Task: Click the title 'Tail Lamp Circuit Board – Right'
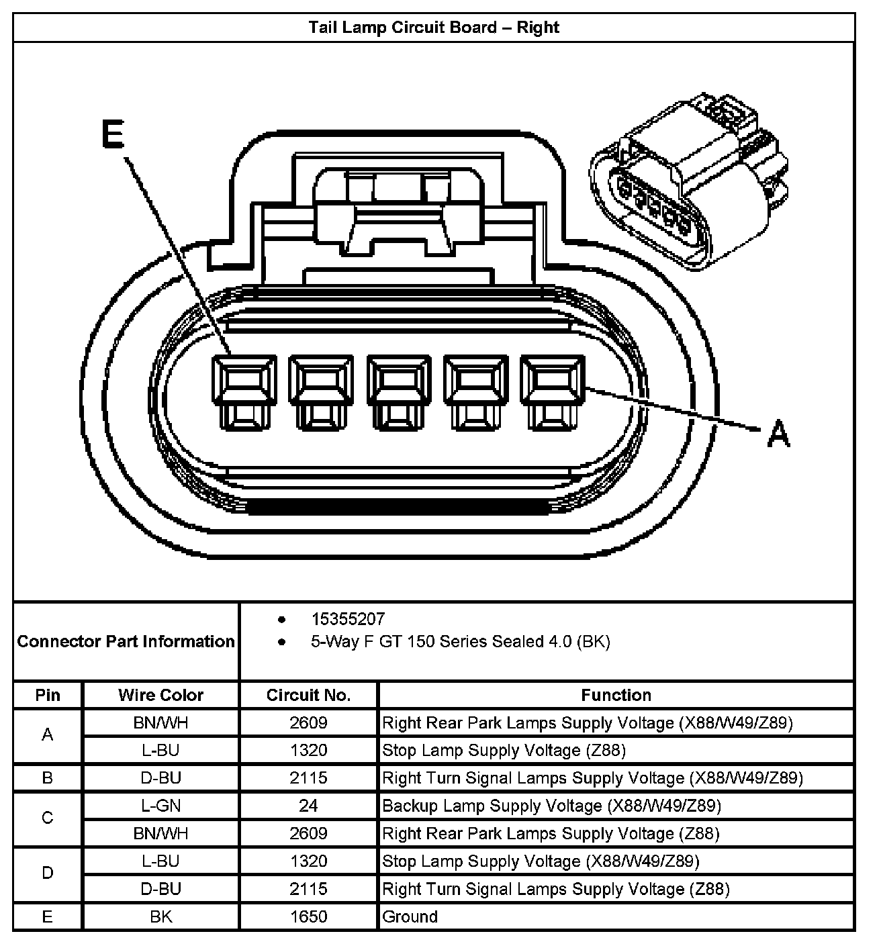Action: pyautogui.click(x=434, y=28)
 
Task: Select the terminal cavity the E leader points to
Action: pyautogui.click(x=243, y=391)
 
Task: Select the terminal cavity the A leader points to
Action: pyautogui.click(x=552, y=391)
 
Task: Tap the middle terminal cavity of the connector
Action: pyautogui.click(x=398, y=391)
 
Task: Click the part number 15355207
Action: pyautogui.click(x=347, y=618)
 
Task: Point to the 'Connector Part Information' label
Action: pyautogui.click(x=126, y=641)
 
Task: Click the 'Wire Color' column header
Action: pyautogui.click(x=160, y=695)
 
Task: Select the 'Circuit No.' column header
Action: pyautogui.click(x=308, y=695)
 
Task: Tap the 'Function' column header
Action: pyautogui.click(x=616, y=695)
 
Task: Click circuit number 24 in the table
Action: pyautogui.click(x=308, y=806)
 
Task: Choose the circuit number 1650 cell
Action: pyautogui.click(x=308, y=916)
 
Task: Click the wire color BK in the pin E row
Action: pyautogui.click(x=160, y=916)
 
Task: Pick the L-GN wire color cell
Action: pyautogui.click(x=160, y=806)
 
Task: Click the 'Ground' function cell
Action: pyautogui.click(x=410, y=916)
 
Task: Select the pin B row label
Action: pyautogui.click(x=47, y=778)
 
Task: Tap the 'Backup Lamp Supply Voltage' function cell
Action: pyautogui.click(x=551, y=806)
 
